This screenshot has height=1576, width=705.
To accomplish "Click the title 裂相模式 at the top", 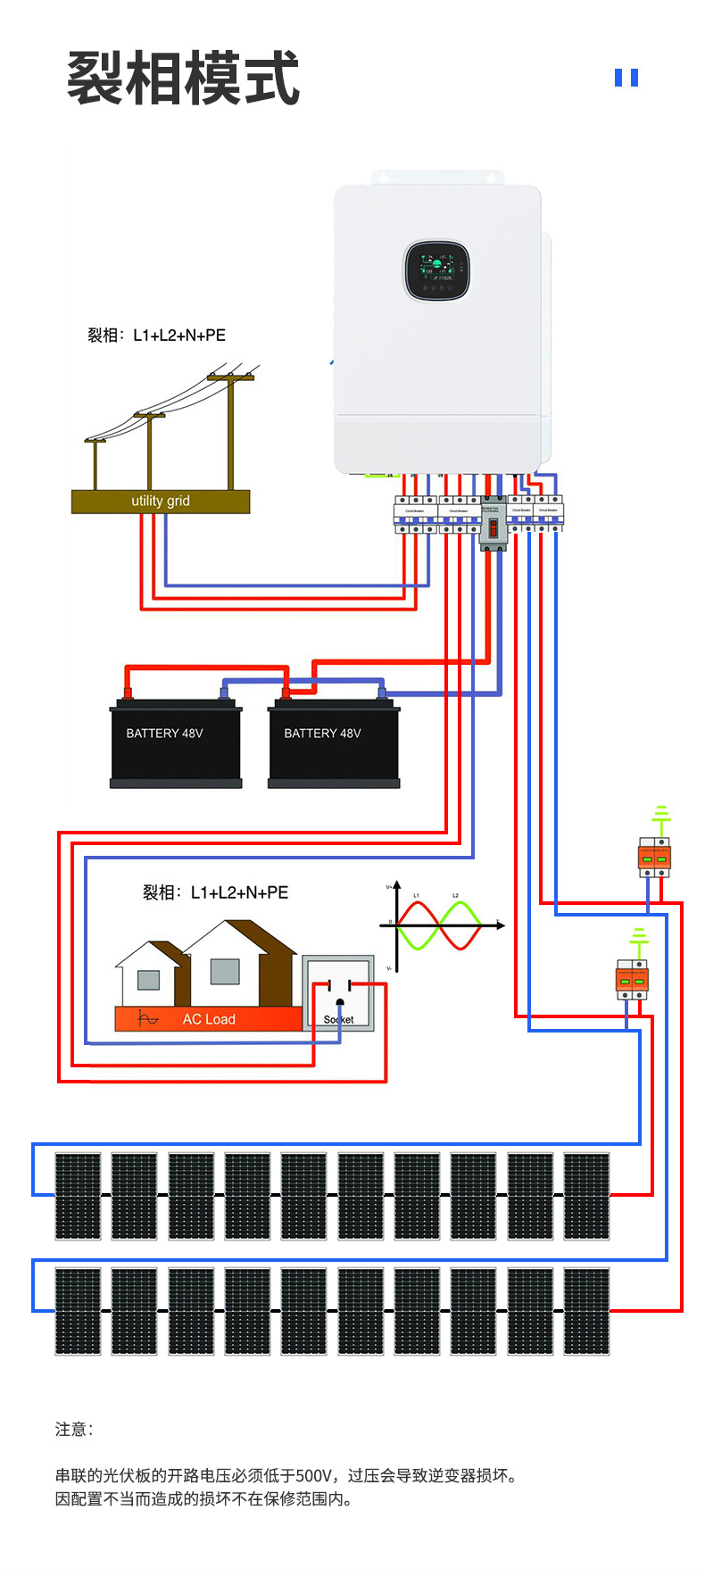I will point(183,79).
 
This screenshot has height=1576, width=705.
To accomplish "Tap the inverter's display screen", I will point(437,270).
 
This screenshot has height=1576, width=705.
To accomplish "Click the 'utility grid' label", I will point(161,501).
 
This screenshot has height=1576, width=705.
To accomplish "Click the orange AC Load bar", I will point(209,1019).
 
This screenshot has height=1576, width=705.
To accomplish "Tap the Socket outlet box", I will point(338,993).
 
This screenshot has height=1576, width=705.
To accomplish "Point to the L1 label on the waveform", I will point(416,895).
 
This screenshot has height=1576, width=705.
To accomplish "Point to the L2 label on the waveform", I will point(455,895).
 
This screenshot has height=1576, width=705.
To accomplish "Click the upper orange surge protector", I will point(654,858).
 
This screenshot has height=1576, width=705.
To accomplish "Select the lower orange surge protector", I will point(632,980).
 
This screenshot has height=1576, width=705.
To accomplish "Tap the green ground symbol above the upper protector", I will point(661,814).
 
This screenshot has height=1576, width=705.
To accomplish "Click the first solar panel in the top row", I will point(79,1196).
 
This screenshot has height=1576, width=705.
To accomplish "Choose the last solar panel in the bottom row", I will point(586,1311).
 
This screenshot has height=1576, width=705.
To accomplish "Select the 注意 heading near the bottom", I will point(71,1430).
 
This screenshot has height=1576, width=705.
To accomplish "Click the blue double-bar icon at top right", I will point(626,79).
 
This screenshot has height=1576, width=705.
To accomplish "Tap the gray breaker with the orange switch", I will point(493,523).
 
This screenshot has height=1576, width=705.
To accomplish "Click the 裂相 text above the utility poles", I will point(103,336).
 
